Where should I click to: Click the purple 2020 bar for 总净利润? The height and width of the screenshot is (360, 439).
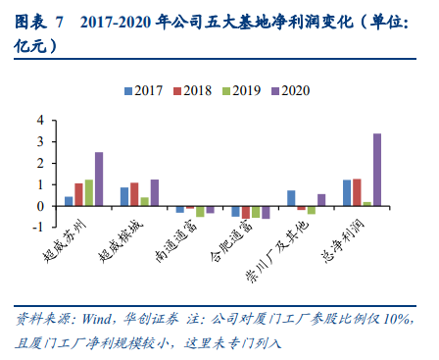378,170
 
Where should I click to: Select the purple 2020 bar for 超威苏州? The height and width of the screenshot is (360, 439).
99,180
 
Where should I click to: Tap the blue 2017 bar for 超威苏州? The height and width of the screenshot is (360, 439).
69,201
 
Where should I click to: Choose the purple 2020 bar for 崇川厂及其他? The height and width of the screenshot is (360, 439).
322,200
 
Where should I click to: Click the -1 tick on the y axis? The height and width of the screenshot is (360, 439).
39,228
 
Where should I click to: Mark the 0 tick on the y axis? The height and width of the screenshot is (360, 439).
41,206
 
